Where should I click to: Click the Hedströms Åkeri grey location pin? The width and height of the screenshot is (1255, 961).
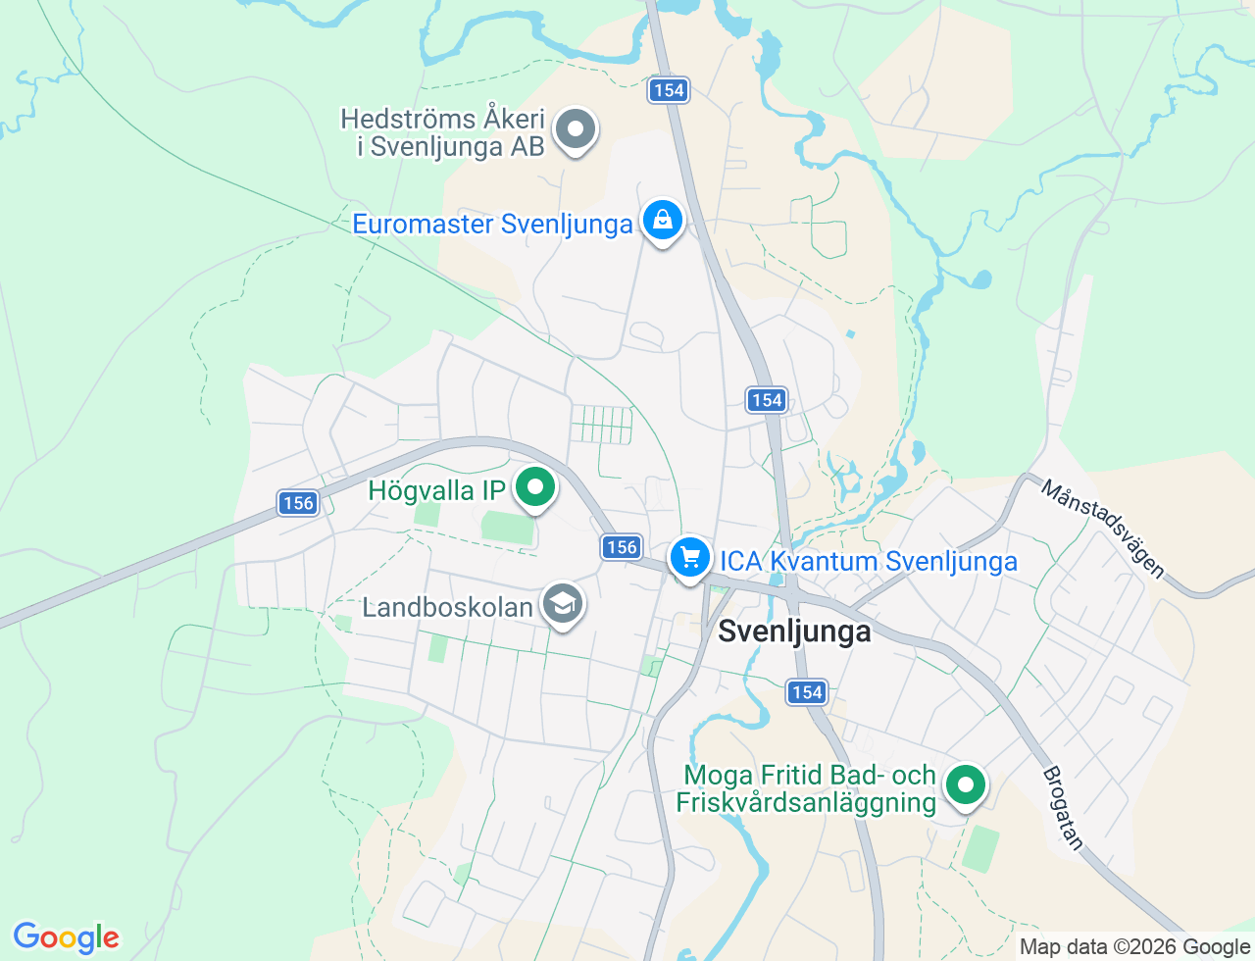click(576, 129)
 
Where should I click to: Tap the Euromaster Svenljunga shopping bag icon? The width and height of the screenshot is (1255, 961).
click(663, 221)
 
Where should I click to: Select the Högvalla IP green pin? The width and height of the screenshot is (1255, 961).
click(535, 487)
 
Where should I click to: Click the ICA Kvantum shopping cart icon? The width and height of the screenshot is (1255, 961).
click(690, 558)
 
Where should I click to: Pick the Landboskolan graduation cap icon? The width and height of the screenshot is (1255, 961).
click(563, 604)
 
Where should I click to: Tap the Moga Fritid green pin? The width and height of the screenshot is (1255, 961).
click(966, 784)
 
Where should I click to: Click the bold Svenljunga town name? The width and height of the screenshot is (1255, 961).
click(794, 631)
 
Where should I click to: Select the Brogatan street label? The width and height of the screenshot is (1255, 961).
click(1065, 808)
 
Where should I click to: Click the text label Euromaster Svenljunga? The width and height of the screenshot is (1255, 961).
click(492, 224)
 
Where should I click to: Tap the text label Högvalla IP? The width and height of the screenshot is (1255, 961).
click(437, 490)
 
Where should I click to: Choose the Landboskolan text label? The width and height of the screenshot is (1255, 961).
click(447, 607)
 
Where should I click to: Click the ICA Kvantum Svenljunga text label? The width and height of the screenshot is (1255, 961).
click(869, 561)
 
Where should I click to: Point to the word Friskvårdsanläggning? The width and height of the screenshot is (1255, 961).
click(806, 802)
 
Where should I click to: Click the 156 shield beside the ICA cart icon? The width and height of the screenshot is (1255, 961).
click(622, 547)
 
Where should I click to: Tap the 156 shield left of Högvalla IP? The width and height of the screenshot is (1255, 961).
click(297, 503)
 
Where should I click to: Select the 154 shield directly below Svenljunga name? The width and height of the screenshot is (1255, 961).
click(807, 692)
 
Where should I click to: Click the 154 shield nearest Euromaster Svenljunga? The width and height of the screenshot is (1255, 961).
click(668, 90)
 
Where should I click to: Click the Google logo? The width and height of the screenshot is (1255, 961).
click(66, 937)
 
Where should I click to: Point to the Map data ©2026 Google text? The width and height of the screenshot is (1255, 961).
click(1134, 946)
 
